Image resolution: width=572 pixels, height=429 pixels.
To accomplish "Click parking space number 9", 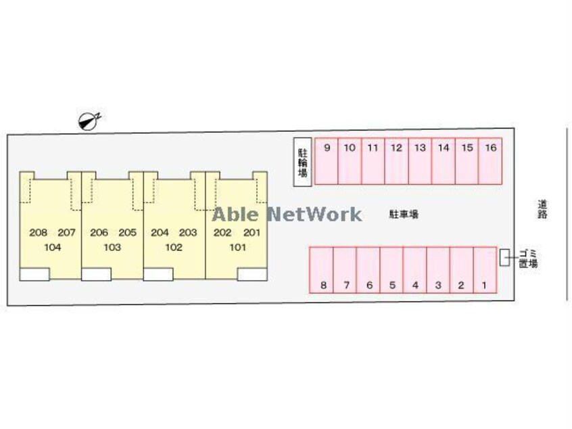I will pyautogui.click(x=327, y=161).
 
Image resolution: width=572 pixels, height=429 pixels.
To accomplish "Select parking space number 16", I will pyautogui.click(x=490, y=161).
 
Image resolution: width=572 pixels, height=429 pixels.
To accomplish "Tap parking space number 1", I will pyautogui.click(x=484, y=270).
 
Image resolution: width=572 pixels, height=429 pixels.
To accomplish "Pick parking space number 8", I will pyautogui.click(x=323, y=270).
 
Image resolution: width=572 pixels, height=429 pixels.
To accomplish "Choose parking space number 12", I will pyautogui.click(x=397, y=161).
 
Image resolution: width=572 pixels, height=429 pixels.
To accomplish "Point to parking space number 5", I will pyautogui.click(x=392, y=270).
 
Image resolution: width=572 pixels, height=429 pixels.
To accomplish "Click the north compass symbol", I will pyautogui.click(x=89, y=120).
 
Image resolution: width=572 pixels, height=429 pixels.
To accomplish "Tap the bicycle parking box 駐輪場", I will pyautogui.click(x=302, y=162).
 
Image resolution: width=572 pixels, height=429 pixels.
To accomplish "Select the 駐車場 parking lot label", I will pyautogui.click(x=404, y=214).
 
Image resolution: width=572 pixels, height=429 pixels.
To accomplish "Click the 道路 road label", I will pyautogui.click(x=542, y=208).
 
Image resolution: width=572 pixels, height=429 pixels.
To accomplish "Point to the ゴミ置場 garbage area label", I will pyautogui.click(x=527, y=258).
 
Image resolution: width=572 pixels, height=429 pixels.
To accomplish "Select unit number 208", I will pyautogui.click(x=39, y=233).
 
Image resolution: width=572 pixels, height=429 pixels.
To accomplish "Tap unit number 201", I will pyautogui.click(x=252, y=233).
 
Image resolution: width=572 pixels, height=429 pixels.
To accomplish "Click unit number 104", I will pyautogui.click(x=52, y=248).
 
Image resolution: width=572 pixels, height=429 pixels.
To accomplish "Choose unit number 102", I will pyautogui.click(x=174, y=248).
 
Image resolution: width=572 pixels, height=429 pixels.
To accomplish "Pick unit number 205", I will pyautogui.click(x=127, y=233).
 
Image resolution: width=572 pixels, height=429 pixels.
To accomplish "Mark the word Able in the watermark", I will pyautogui.click(x=235, y=214).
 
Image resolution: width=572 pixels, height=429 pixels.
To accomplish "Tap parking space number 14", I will pyautogui.click(x=443, y=161).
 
